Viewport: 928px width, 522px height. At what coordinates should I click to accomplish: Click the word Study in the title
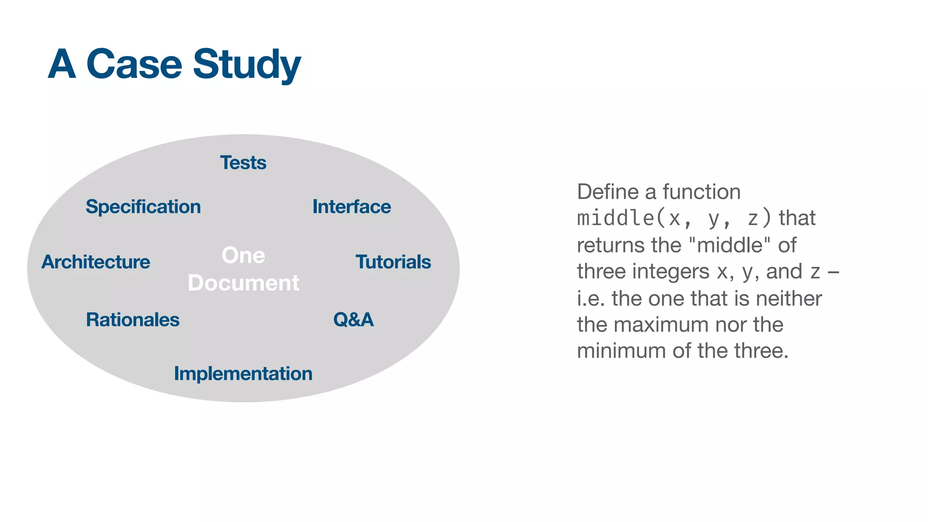[x=247, y=64]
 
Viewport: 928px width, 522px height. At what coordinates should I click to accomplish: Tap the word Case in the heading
[x=134, y=64]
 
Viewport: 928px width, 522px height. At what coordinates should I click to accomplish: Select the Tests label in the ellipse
[x=243, y=163]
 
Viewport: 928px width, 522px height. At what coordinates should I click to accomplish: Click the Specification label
[x=143, y=207]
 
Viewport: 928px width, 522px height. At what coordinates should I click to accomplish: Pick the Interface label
[x=352, y=207]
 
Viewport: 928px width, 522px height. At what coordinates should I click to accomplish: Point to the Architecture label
[x=96, y=262]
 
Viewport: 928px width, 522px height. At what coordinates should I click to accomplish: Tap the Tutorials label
[x=393, y=262]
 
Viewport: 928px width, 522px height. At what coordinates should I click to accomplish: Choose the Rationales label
[x=133, y=320]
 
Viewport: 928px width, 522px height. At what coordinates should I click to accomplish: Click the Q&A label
[x=353, y=320]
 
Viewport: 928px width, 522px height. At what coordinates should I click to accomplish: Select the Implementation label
[x=243, y=374]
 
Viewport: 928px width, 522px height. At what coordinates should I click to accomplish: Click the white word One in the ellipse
[x=243, y=255]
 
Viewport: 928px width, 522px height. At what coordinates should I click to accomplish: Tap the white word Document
[x=243, y=283]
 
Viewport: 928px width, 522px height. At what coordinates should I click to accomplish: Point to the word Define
[x=608, y=192]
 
